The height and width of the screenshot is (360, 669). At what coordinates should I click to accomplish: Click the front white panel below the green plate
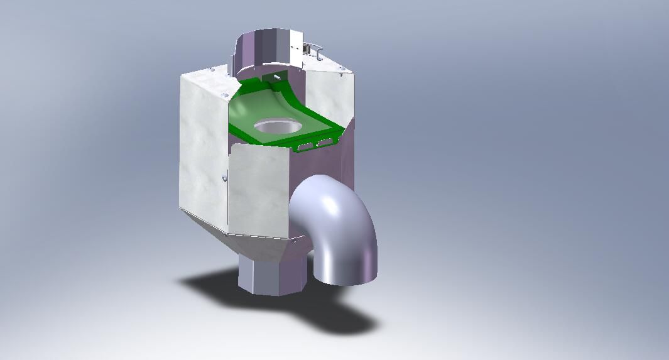pos(258,188)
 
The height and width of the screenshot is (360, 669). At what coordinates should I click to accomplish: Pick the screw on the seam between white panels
pos(224,179)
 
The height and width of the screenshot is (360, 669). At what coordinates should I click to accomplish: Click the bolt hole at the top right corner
pos(341,69)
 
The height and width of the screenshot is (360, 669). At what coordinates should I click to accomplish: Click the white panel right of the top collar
pos(327,94)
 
